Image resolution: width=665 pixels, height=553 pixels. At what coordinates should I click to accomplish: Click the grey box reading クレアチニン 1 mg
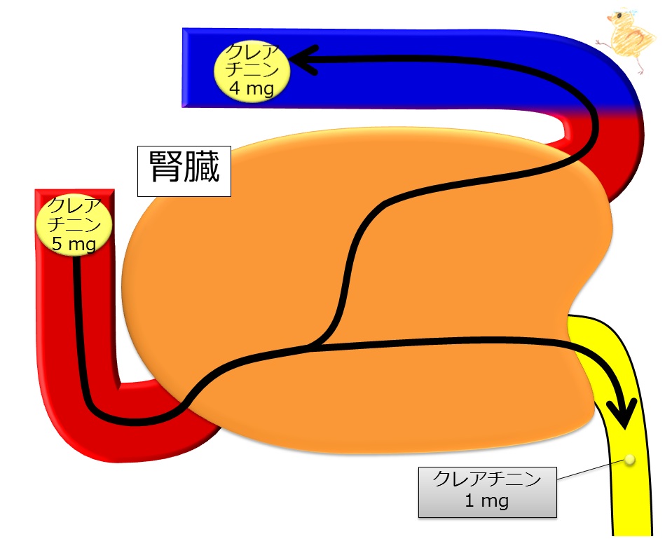coord(488,491)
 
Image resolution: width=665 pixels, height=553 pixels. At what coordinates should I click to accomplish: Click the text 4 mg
coord(251,88)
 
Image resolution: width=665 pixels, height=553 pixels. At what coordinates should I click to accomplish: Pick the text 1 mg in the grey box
coord(487,501)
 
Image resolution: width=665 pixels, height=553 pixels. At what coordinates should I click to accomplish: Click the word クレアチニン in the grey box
coord(488,481)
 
